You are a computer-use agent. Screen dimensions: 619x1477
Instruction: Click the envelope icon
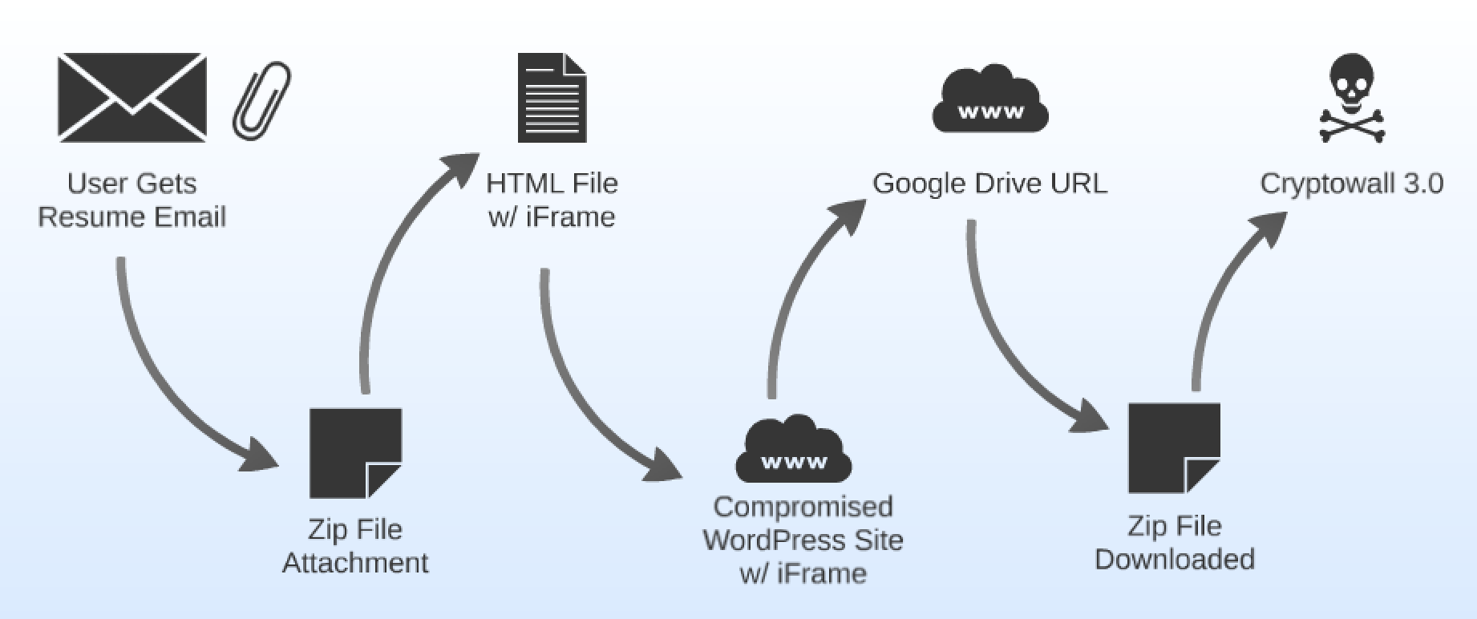(x=132, y=98)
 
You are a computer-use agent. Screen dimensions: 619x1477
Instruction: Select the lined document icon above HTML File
(x=552, y=98)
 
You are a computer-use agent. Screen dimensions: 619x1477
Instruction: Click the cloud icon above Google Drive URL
(x=990, y=100)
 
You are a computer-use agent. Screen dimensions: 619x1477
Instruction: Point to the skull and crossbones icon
(x=1352, y=98)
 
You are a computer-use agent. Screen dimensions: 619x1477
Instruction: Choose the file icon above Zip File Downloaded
(x=1174, y=448)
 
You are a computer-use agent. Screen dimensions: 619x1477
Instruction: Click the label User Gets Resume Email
(x=132, y=200)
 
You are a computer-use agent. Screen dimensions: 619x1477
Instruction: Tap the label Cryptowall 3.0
(x=1352, y=184)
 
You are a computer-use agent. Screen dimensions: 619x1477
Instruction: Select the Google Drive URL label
(x=989, y=184)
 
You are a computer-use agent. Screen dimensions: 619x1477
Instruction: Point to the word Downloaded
(x=1175, y=559)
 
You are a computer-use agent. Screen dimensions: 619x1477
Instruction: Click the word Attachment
(x=355, y=563)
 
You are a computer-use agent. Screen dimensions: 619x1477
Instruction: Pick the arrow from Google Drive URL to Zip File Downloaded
(x=1002, y=345)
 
